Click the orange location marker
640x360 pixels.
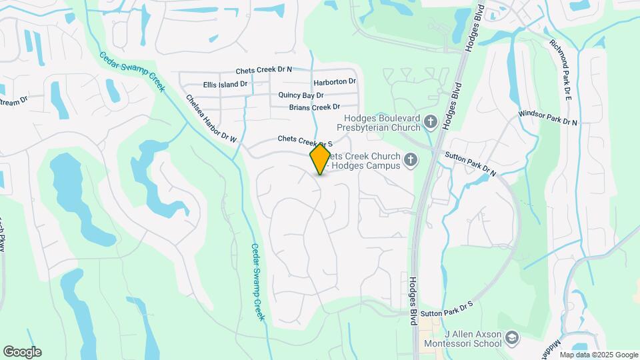coord(320,159)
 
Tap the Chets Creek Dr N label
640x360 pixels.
coord(273,70)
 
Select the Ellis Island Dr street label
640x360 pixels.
coord(225,85)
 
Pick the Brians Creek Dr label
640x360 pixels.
coord(314,107)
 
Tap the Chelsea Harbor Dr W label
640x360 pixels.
coord(211,119)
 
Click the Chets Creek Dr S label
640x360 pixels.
coord(305,141)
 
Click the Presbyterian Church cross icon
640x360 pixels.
coord(431,122)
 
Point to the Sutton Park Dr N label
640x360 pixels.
coord(471,164)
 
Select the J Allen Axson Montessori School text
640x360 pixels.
coord(464,339)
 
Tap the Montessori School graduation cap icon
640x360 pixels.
coord(512,338)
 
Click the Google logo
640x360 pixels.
coord(22,352)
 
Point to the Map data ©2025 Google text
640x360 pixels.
coord(598,355)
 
